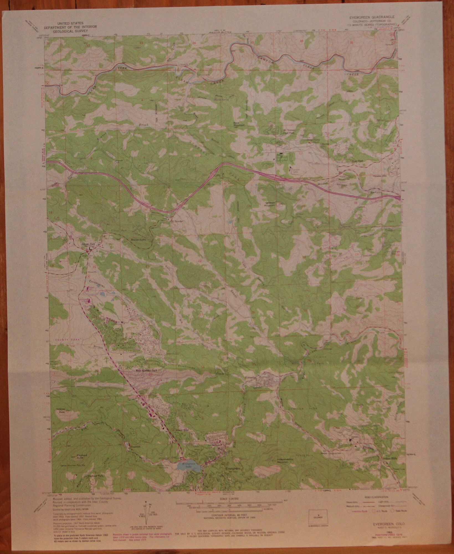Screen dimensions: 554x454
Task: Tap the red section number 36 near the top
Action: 301,41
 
